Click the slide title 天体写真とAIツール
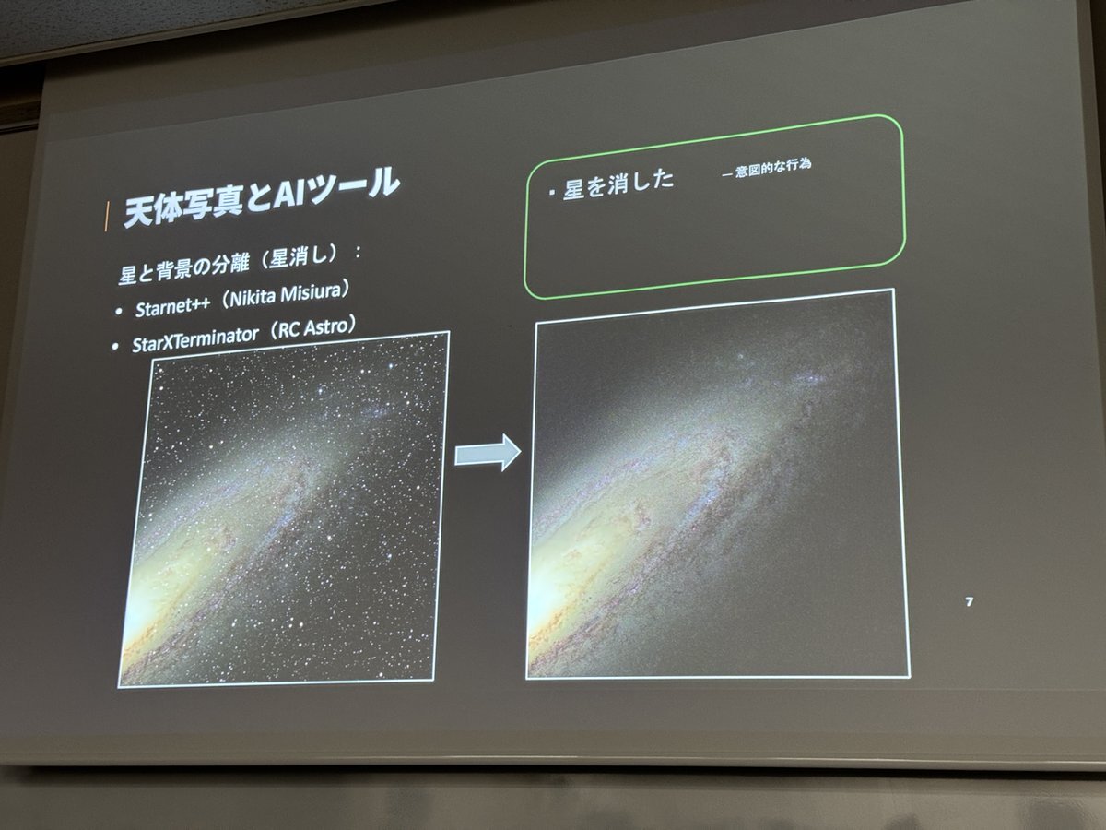(262, 197)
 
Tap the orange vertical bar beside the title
(106, 217)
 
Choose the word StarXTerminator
(195, 339)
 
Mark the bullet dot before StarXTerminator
(116, 347)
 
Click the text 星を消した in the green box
(618, 184)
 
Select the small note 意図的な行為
(773, 168)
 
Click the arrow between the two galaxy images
(488, 453)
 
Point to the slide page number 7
(969, 601)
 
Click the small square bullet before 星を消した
(552, 193)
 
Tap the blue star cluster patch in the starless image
(808, 377)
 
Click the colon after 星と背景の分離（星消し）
(358, 252)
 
